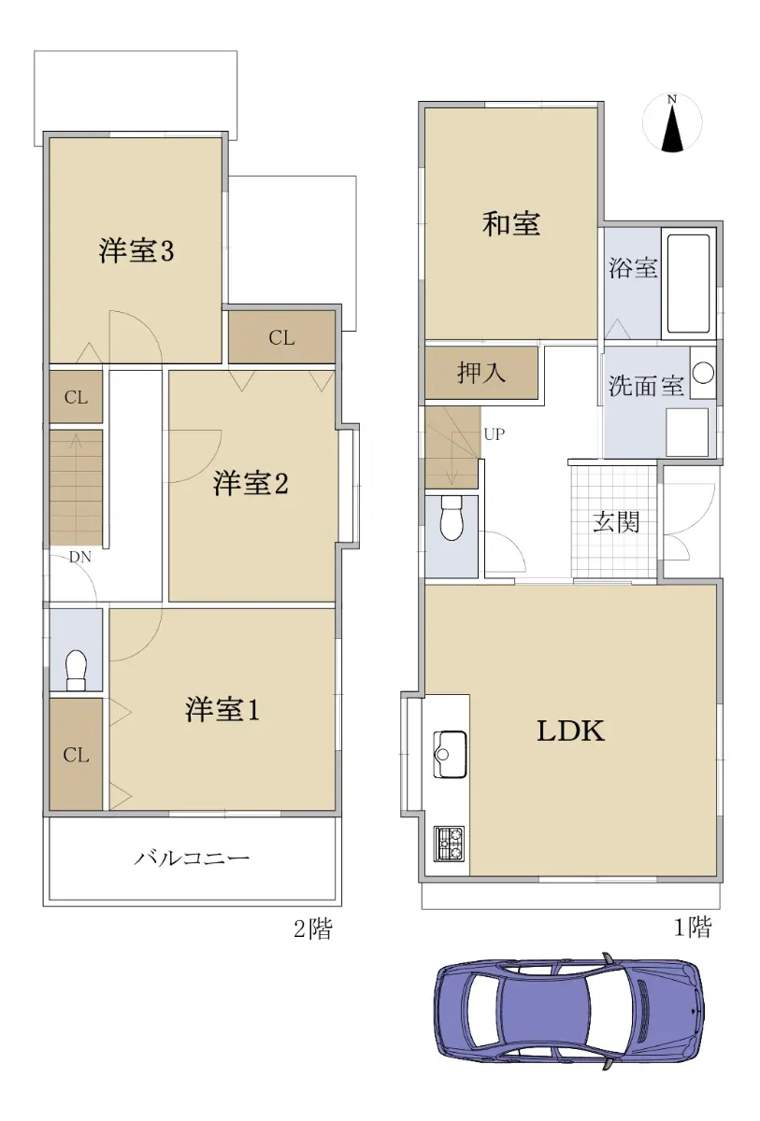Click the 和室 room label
(x=511, y=223)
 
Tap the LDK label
(x=571, y=731)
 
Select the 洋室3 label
(x=136, y=250)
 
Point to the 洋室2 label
(x=251, y=484)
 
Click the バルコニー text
(x=192, y=858)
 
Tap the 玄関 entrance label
(x=616, y=522)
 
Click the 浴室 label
(x=633, y=268)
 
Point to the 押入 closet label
(x=481, y=373)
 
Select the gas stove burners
(x=449, y=844)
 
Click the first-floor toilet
(x=452, y=518)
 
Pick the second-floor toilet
(x=77, y=670)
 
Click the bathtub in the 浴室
(x=688, y=284)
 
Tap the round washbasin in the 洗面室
(x=703, y=373)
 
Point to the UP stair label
(x=495, y=433)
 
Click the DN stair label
(x=80, y=557)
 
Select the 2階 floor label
(x=313, y=929)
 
